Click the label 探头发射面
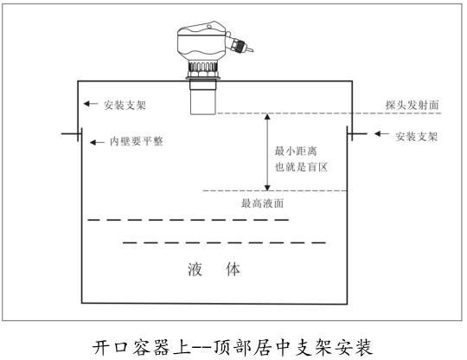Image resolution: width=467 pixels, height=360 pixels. click(x=412, y=105)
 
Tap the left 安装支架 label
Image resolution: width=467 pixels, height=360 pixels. click(x=125, y=105)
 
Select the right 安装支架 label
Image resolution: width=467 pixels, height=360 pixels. click(x=416, y=137)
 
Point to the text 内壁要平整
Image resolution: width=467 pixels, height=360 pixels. click(x=137, y=141)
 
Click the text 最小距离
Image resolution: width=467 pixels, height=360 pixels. click(x=296, y=151)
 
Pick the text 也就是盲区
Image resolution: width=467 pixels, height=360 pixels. click(x=301, y=167)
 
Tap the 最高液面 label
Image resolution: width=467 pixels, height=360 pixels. click(x=262, y=203)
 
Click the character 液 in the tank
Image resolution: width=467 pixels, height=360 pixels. click(x=195, y=269)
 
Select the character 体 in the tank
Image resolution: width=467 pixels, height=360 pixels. click(x=233, y=269)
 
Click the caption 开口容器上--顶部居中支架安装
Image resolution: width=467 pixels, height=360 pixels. click(x=233, y=347)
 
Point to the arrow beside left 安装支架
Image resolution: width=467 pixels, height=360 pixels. click(x=91, y=104)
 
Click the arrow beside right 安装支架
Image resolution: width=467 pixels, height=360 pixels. click(x=381, y=134)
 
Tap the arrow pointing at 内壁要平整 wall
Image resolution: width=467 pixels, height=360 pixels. click(x=97, y=143)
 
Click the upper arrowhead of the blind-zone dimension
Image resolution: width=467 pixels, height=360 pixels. click(x=267, y=117)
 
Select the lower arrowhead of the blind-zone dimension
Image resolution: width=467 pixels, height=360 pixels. click(x=267, y=188)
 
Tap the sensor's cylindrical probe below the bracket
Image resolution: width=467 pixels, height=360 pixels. click(x=203, y=98)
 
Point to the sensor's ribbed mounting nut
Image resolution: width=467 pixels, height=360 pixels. click(x=203, y=69)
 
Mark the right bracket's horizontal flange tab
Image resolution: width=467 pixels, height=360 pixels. click(x=357, y=134)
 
